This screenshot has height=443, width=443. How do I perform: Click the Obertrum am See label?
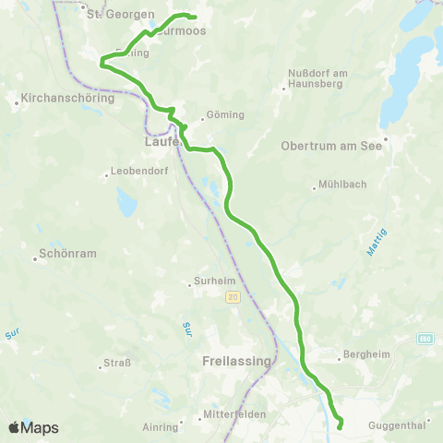[337, 144]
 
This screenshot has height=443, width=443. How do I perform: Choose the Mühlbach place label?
[341, 184]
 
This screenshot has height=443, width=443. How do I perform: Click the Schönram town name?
[64, 257]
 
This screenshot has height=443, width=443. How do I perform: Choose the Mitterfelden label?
[237, 414]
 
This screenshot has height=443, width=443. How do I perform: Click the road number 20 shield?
[232, 296]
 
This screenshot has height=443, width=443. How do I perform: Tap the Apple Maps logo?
[33, 427]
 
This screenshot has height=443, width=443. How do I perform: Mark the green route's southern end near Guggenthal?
[340, 426]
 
